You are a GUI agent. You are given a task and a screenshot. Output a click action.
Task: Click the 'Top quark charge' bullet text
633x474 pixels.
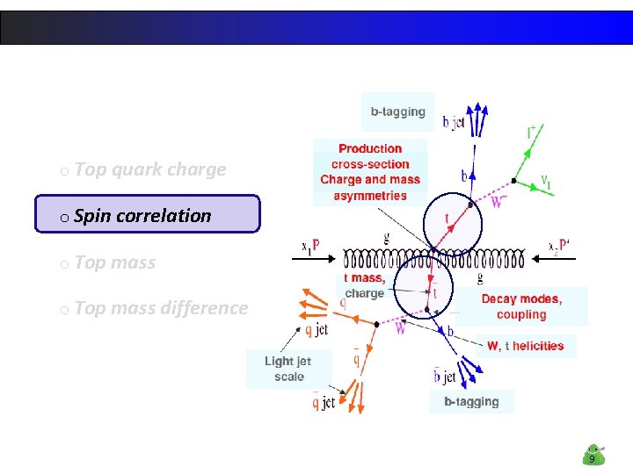point(149,169)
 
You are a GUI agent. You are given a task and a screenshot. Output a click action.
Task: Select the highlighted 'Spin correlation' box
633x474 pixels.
point(147,214)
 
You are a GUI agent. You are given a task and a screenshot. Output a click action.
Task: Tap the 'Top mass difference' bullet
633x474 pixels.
point(160,308)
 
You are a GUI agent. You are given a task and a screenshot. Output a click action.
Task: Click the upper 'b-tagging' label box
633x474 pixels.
point(397,111)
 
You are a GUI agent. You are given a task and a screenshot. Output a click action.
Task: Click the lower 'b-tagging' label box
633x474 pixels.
point(471,402)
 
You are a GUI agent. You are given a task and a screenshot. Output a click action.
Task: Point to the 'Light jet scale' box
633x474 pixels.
point(288,369)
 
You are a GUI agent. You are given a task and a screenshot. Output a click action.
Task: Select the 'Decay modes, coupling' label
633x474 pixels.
point(521,306)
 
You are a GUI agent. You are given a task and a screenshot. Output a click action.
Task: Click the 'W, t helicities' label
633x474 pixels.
point(526,346)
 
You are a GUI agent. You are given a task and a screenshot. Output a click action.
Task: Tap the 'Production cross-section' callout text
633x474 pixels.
point(370,156)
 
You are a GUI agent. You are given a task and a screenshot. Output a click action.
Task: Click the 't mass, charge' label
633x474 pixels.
point(364,285)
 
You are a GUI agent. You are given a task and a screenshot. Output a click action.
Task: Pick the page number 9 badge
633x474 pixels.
point(593,456)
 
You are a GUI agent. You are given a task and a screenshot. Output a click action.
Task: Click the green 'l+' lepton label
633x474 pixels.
point(533,133)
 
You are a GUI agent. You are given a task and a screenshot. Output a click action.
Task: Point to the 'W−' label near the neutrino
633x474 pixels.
point(499,203)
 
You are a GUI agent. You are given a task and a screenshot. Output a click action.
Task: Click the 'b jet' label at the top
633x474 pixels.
point(454,124)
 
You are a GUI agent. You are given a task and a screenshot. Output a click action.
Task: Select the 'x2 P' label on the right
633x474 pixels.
point(558,245)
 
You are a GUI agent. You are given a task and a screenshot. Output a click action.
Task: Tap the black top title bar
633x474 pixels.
point(316,27)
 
